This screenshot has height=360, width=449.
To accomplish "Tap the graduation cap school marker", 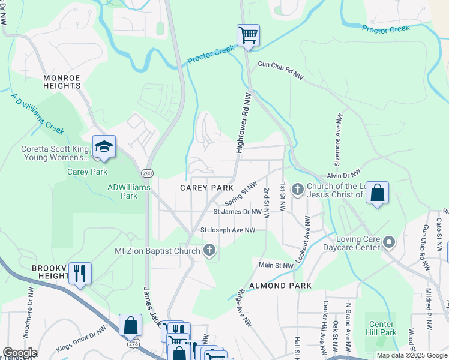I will pyautogui.click(x=104, y=147).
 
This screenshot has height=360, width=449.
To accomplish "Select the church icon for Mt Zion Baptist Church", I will pyautogui.click(x=209, y=250).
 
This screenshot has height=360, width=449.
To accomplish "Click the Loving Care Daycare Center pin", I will pyautogui.click(x=389, y=243).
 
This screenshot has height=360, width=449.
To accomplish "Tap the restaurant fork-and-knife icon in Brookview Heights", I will pyautogui.click(x=80, y=272).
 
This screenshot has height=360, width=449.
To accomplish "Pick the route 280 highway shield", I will pyautogui.click(x=147, y=173).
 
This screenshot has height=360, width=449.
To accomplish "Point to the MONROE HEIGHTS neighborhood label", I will pyautogui.click(x=62, y=82).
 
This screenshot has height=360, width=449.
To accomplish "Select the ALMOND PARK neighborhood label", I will pyautogui.click(x=280, y=286).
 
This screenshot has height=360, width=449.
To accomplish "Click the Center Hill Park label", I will pyautogui.click(x=381, y=328).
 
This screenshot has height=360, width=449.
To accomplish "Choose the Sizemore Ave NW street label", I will pyautogui.click(x=340, y=139).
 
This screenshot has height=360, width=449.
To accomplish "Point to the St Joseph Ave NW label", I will pyautogui.click(x=228, y=230).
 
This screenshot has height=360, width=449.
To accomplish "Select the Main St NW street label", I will pyautogui.click(x=276, y=265).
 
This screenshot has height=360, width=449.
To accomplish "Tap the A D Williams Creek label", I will pyautogui.click(x=37, y=113).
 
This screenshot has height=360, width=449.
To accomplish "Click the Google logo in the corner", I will pyautogui.click(x=20, y=353).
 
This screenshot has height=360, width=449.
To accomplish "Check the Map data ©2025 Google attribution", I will pyautogui.click(x=411, y=355).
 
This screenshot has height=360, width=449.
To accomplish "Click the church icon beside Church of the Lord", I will pyautogui.click(x=297, y=190).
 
